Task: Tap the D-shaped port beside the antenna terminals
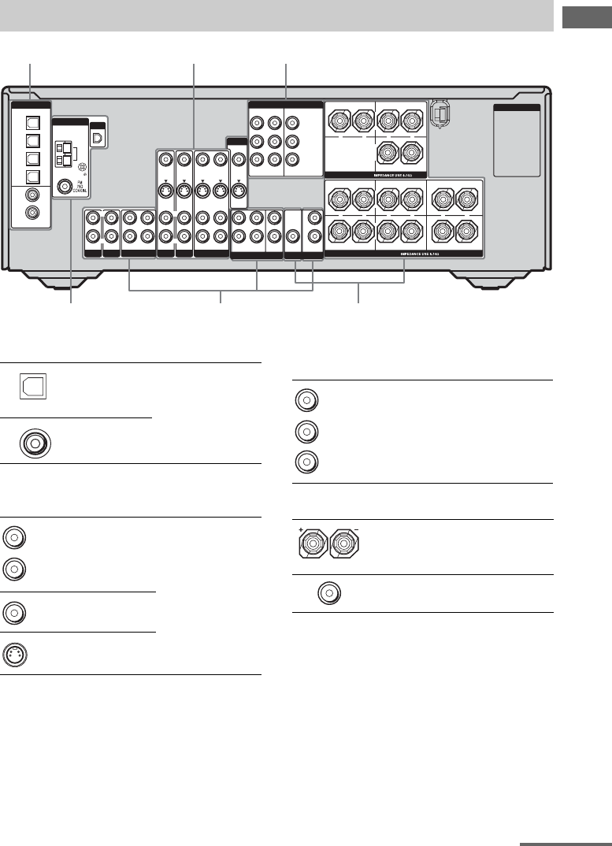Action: click(98, 136)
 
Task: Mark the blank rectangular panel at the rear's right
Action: click(516, 142)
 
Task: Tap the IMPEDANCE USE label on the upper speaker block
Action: click(376, 173)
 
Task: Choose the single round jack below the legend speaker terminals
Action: click(328, 594)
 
